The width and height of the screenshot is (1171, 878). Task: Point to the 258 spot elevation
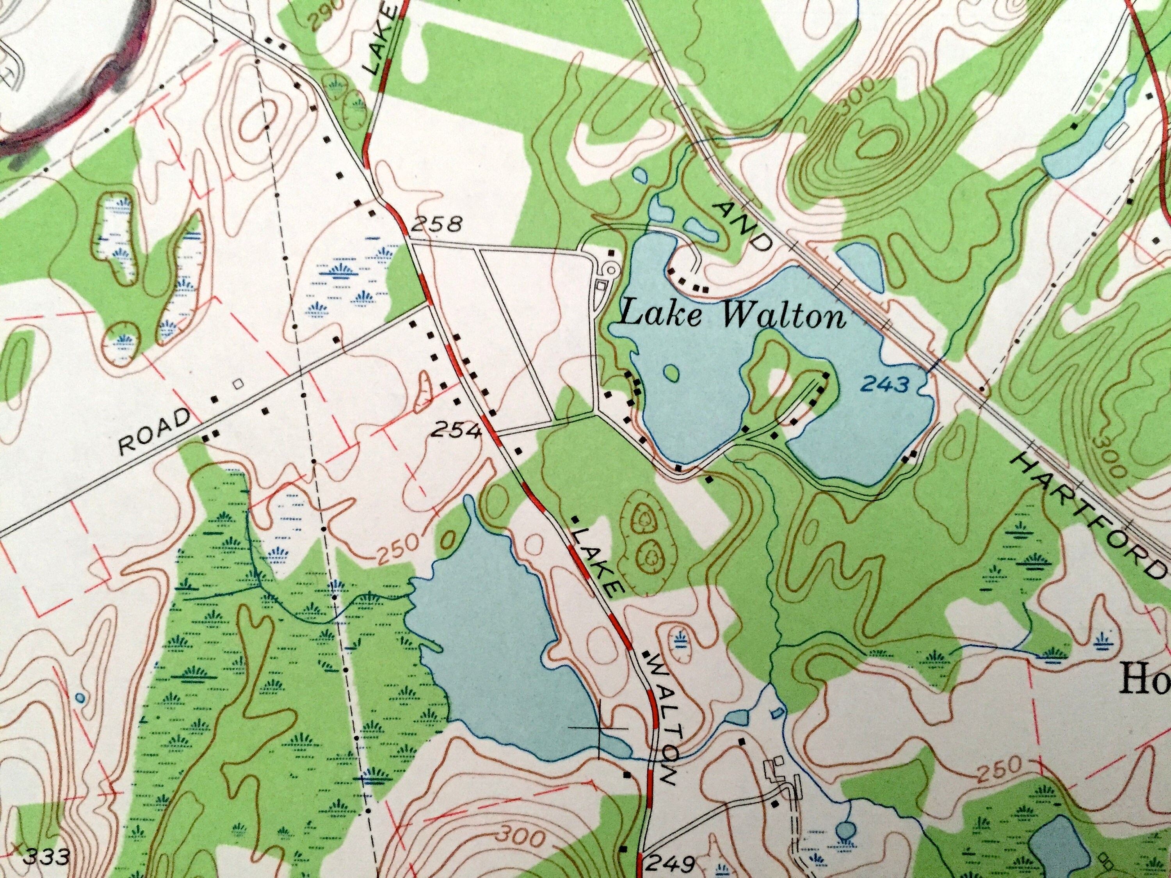click(436, 226)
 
